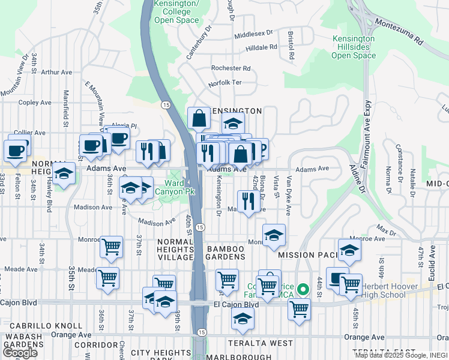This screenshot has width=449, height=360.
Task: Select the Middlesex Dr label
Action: [253, 34]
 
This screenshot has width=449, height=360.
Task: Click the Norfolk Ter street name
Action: [224, 83]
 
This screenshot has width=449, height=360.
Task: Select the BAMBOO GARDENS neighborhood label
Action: [226, 253]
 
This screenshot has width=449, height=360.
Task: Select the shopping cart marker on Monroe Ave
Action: [111, 246]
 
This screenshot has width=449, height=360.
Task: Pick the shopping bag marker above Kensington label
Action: [198, 118]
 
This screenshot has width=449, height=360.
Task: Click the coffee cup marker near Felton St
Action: [16, 149]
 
